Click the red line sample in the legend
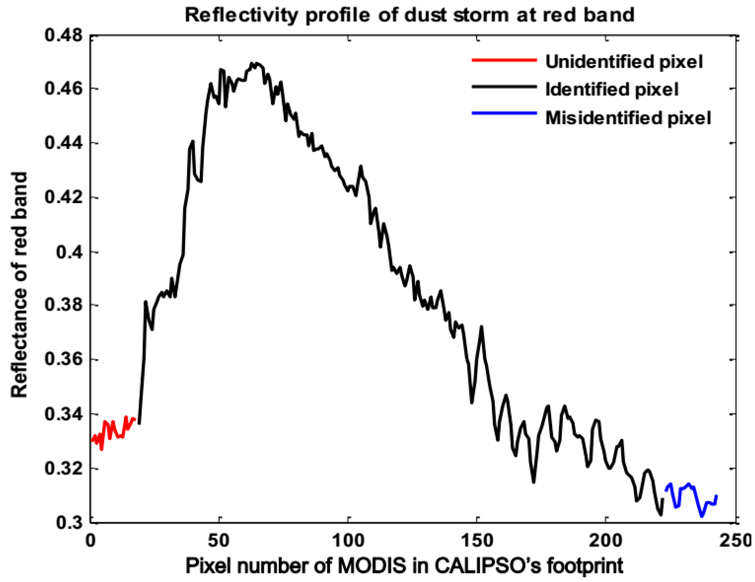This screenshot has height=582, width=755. [x=504, y=60]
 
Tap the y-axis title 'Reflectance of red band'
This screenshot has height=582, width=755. [x=19, y=285]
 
